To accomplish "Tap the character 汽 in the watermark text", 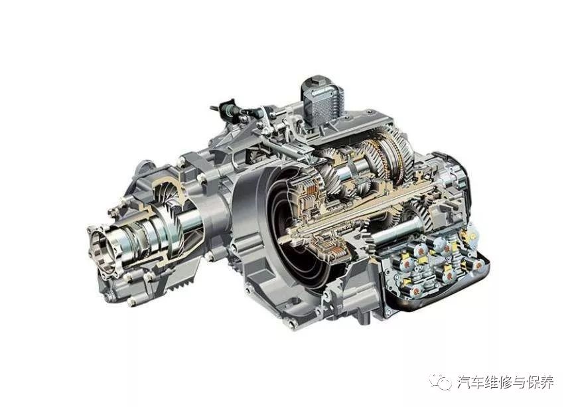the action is (464, 382).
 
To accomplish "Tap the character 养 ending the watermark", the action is (546, 382).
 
